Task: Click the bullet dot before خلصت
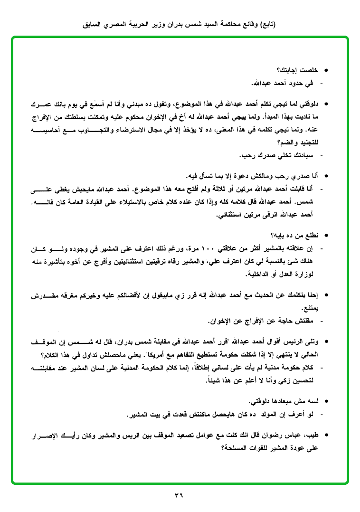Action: [x=325, y=71]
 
